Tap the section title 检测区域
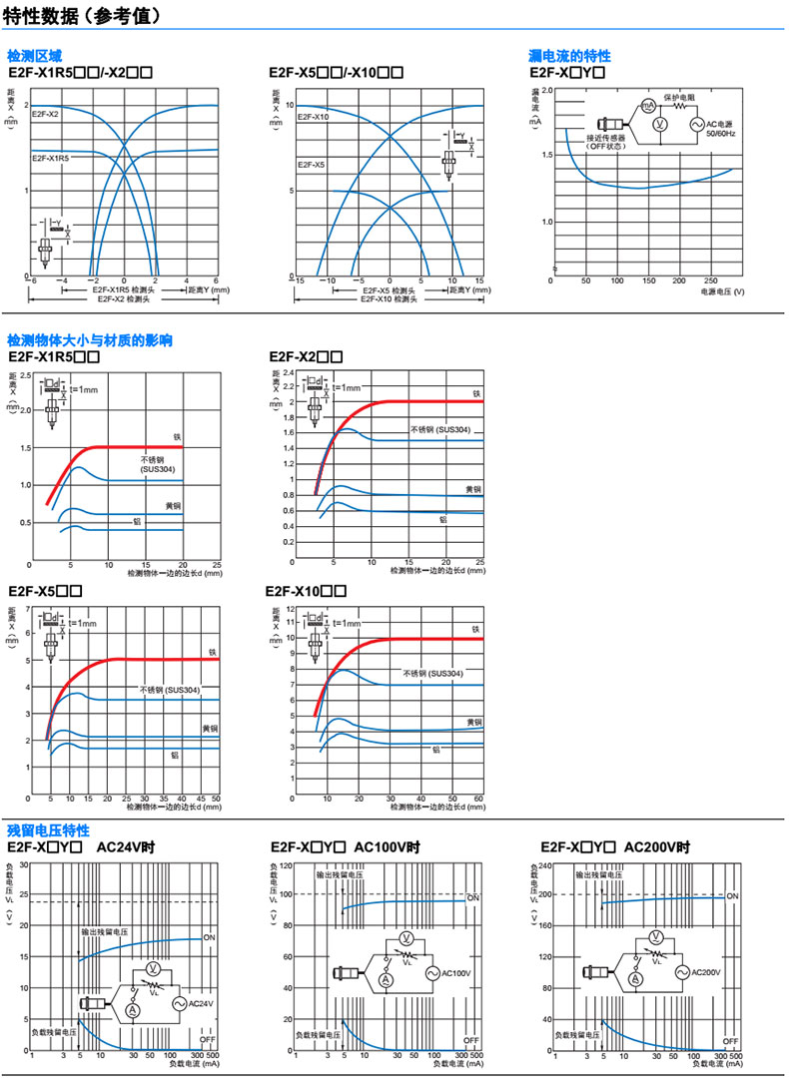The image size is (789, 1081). pos(33,56)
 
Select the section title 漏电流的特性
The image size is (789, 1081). pos(569,56)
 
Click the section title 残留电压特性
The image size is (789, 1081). pos(48,830)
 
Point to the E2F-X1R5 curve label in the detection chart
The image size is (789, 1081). pos(50,158)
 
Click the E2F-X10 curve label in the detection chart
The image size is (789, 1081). pos(314,118)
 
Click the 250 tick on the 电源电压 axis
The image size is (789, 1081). pos(710,280)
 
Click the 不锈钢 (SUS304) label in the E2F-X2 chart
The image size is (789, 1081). pos(438,429)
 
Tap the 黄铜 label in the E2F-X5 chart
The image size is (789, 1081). pos(210,728)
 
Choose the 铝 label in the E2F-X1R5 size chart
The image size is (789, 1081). pos(137,520)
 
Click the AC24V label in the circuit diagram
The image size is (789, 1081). pos(201,1003)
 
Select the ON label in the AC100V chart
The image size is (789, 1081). pos(473,898)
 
